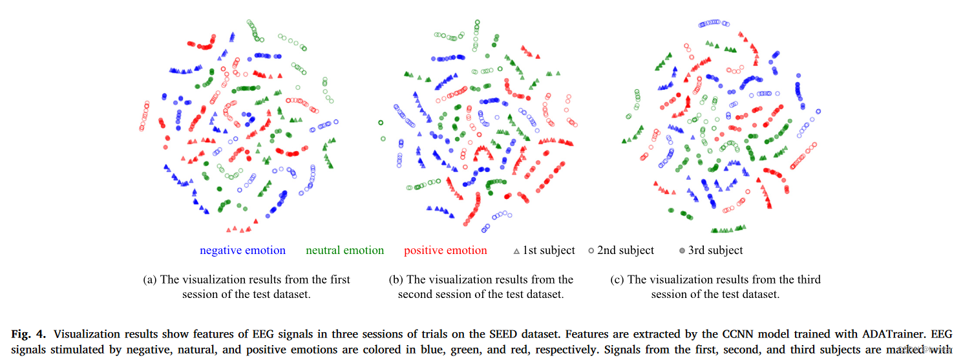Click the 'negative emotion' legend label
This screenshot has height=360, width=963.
[242, 251]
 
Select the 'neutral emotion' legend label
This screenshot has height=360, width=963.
[344, 251]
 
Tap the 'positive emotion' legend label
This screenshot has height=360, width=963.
[445, 251]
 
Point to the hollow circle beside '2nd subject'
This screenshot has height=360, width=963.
[591, 251]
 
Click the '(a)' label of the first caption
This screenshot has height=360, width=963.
[149, 280]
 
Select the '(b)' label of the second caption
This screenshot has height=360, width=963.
[396, 280]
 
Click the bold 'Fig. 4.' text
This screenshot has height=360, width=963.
[29, 334]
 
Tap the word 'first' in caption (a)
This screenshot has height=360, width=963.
[338, 280]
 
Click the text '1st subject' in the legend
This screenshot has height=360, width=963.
[549, 251]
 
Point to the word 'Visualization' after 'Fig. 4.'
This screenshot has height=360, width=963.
[85, 334]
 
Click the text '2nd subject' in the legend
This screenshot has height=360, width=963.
[626, 251]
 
